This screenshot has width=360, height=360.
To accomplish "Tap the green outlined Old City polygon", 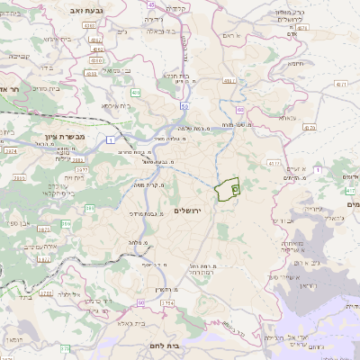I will tap(226, 189).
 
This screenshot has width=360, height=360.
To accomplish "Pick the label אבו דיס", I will tap(282, 220).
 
